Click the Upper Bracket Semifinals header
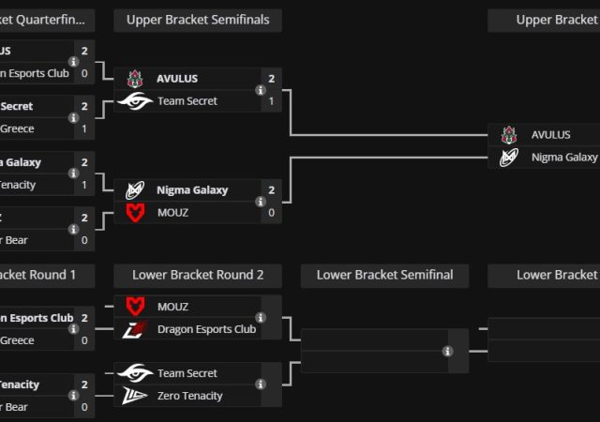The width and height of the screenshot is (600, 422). click(198, 20)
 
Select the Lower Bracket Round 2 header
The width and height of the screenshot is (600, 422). click(198, 275)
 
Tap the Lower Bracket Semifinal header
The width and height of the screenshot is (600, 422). click(384, 275)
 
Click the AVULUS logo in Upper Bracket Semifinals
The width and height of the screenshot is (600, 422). click(135, 79)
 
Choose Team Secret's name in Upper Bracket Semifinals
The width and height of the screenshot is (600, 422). click(187, 101)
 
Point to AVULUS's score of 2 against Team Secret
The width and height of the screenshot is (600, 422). click(271, 79)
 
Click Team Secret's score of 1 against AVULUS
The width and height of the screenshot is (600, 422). click(271, 101)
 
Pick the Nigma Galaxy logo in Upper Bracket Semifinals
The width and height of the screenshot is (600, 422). click(135, 190)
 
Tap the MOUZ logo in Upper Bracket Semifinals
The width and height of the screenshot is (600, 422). click(135, 213)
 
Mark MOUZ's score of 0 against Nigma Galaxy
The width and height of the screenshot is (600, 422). click(271, 213)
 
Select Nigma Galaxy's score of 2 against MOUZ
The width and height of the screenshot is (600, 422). click(271, 190)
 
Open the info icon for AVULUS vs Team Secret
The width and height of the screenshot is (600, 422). click(260, 90)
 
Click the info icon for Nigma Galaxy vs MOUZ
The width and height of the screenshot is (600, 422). click(260, 202)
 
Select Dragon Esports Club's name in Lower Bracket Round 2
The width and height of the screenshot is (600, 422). click(206, 329)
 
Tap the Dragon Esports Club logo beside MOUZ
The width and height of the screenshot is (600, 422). click(135, 329)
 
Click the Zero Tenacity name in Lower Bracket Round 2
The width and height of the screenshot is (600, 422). click(190, 396)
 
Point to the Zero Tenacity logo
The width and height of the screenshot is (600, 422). click(135, 396)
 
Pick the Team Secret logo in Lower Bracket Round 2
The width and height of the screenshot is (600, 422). click(135, 373)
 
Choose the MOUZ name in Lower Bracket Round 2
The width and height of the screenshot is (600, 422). click(172, 307)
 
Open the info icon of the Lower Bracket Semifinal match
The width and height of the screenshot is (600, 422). click(447, 351)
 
